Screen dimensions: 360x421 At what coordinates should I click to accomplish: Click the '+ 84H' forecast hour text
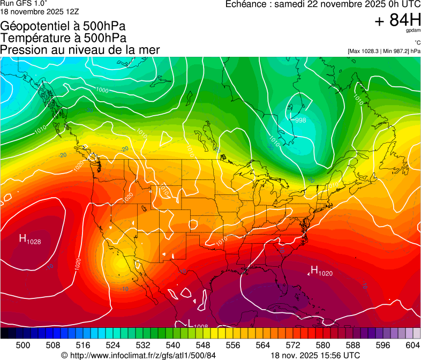click(x=397, y=20)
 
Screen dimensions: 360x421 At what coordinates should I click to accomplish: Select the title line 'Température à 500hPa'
click(x=63, y=38)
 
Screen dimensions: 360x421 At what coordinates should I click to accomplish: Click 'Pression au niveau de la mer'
click(x=80, y=50)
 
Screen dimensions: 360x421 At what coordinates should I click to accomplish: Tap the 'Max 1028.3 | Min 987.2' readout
click(x=384, y=51)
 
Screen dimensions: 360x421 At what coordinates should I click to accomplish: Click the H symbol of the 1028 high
click(x=23, y=238)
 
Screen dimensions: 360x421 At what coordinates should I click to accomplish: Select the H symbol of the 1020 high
click(x=314, y=269)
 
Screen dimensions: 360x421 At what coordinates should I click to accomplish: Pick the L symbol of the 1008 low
click(x=190, y=323)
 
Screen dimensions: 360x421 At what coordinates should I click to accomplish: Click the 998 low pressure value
click(x=300, y=121)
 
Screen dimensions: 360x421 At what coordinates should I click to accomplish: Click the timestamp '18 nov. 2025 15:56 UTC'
click(x=315, y=355)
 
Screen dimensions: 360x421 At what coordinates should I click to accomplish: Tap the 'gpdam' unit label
click(x=413, y=31)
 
